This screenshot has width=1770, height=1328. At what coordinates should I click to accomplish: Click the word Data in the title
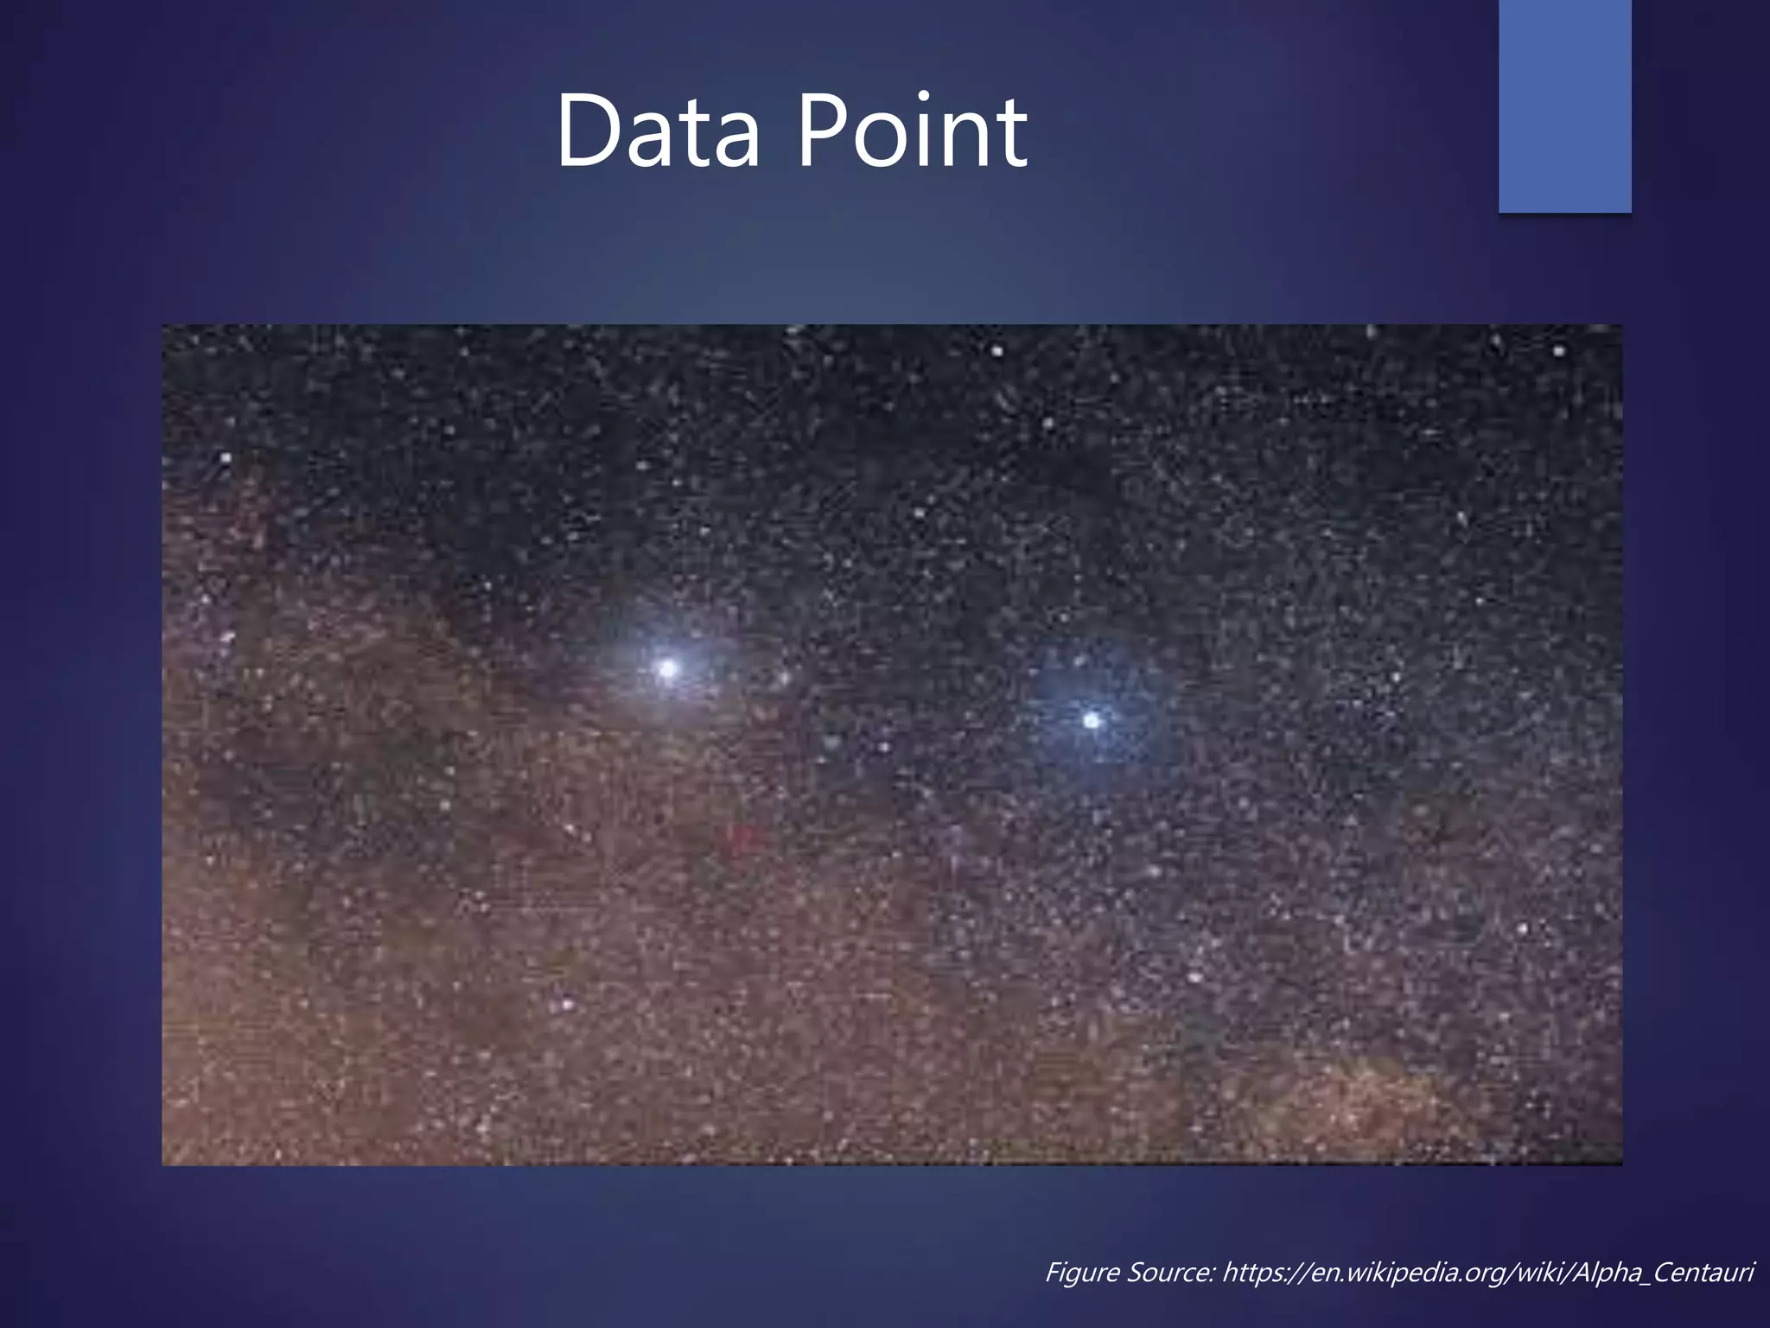[657, 131]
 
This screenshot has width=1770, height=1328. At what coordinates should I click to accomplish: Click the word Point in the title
[912, 131]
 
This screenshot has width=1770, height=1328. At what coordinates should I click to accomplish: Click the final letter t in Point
[1011, 134]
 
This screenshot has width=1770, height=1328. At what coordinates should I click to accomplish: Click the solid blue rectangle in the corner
[1564, 105]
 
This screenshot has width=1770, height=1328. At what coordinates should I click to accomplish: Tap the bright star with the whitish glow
[667, 668]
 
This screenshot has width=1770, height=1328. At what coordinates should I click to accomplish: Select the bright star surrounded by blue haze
[1092, 720]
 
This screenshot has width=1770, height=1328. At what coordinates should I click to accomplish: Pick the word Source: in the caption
[1170, 1273]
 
